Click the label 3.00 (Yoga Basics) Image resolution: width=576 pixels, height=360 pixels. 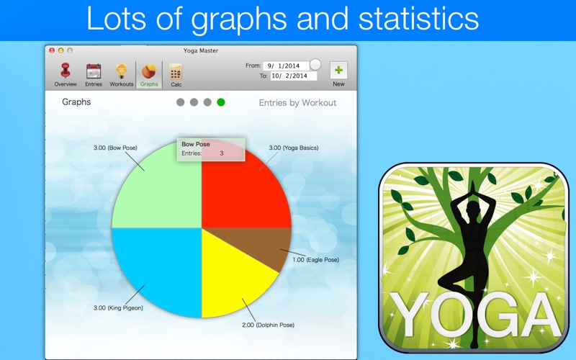(x=294, y=148)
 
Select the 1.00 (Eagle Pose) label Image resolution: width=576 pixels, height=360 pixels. (x=315, y=260)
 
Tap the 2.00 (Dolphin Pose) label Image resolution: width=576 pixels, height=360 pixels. (x=268, y=325)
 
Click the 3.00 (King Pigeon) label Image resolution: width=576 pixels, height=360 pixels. (x=118, y=308)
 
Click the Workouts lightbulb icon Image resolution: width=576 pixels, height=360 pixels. (x=121, y=71)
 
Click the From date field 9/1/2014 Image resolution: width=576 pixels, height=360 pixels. (x=286, y=66)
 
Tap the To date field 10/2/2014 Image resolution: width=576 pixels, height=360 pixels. (x=294, y=76)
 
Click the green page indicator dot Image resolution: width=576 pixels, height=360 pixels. (x=221, y=102)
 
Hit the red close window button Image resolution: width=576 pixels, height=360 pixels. (x=52, y=50)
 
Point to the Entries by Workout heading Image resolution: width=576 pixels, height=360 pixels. (x=297, y=103)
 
